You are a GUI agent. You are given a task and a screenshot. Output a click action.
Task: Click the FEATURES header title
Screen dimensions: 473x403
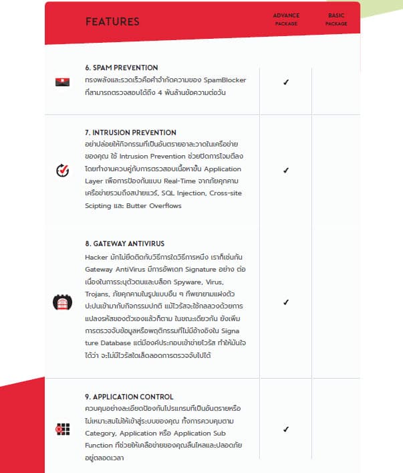112,21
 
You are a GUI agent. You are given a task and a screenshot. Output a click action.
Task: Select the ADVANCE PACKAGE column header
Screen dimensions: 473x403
286,19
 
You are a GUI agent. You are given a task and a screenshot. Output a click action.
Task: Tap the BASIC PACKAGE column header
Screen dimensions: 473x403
336,19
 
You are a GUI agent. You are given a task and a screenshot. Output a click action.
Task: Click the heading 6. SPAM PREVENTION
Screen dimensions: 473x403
122,68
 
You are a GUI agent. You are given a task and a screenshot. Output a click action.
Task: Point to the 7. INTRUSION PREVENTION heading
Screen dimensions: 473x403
130,132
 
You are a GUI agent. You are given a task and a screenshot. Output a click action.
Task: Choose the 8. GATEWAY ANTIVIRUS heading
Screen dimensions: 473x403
125,244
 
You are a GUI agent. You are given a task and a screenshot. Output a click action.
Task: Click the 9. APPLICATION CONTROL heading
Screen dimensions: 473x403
129,397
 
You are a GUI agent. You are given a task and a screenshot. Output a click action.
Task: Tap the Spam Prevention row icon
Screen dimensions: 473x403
62,82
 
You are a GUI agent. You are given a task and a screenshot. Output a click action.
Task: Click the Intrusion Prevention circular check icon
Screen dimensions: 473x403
62,170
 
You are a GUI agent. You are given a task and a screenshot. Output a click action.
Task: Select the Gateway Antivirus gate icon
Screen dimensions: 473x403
62,302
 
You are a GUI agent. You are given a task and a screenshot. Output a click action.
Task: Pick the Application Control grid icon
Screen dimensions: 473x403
62,429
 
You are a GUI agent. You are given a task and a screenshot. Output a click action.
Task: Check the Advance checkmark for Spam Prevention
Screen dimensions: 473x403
286,82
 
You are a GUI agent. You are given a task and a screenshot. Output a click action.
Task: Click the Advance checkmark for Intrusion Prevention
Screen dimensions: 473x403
286,170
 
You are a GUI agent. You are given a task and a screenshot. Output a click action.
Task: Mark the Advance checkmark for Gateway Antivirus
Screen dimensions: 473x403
286,302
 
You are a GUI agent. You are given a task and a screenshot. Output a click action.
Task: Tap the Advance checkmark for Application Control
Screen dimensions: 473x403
286,429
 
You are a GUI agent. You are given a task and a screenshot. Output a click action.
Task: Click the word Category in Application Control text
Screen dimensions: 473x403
102,434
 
